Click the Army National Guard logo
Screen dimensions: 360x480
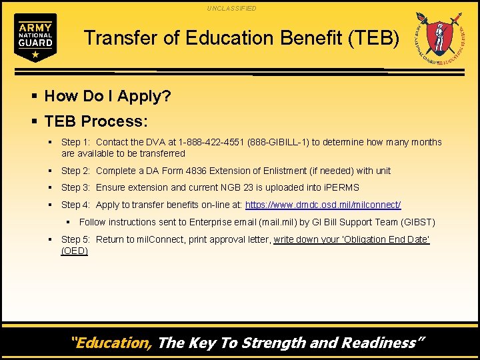(35, 37)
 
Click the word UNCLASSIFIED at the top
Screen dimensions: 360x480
(231, 8)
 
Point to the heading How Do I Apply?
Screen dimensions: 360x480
(107, 96)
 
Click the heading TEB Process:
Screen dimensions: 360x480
(96, 121)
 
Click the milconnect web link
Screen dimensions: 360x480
(323, 205)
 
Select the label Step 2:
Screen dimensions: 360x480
(76, 171)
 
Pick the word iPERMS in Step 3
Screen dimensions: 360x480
(341, 187)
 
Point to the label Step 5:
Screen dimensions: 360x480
(76, 239)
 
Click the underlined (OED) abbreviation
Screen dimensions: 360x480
(75, 251)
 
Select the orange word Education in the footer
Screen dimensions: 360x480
(113, 343)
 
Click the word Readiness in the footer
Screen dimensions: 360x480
(383, 343)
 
